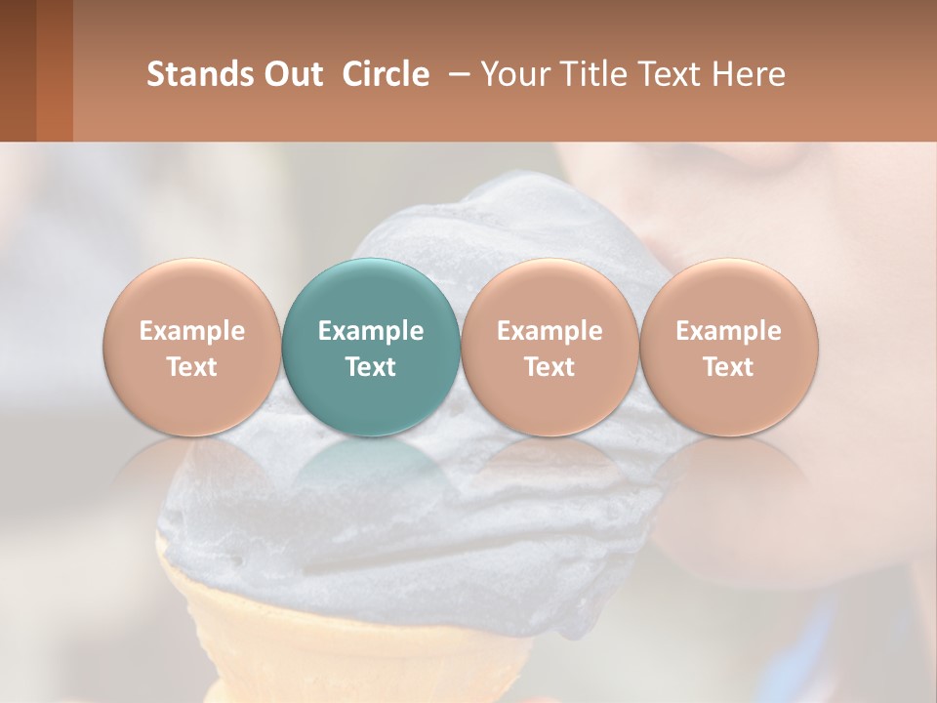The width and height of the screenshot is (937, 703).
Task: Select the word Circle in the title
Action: coord(386,74)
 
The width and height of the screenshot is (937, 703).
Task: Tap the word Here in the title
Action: coord(749,74)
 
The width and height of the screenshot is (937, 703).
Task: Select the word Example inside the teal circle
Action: coord(371,331)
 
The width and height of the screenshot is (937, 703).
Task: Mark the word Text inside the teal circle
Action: coord(371,367)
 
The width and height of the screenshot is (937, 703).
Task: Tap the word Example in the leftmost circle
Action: coord(192,331)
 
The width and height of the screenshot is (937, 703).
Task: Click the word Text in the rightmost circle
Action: coord(729,367)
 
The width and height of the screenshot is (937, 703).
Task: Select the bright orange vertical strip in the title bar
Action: coord(55,70)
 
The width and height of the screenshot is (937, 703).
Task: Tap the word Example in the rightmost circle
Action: coord(729,331)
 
